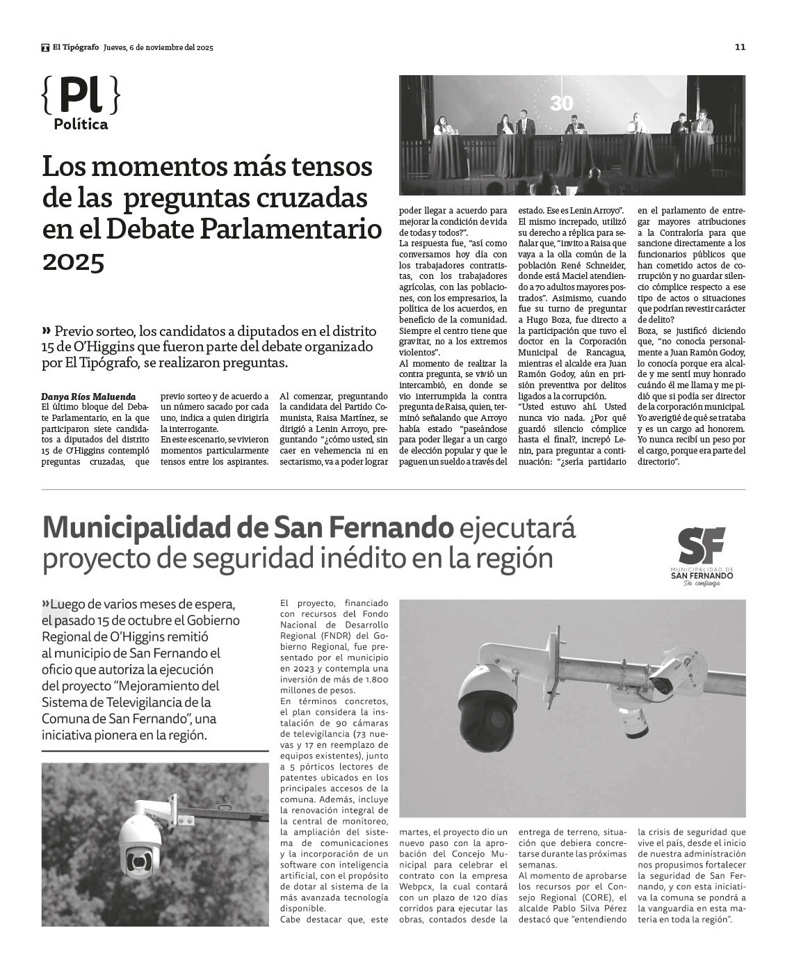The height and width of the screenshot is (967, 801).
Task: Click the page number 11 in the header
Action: point(740,47)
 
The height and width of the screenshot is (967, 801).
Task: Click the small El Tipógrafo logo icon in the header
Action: point(45,48)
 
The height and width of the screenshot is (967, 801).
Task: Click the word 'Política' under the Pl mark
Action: point(81,125)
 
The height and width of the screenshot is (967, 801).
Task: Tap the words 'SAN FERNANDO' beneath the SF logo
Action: point(701,575)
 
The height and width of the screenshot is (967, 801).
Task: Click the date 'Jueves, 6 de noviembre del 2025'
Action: point(158,48)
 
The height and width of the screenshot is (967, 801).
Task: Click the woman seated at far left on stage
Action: point(442,128)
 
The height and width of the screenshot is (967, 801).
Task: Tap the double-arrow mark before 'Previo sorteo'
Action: point(47,329)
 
